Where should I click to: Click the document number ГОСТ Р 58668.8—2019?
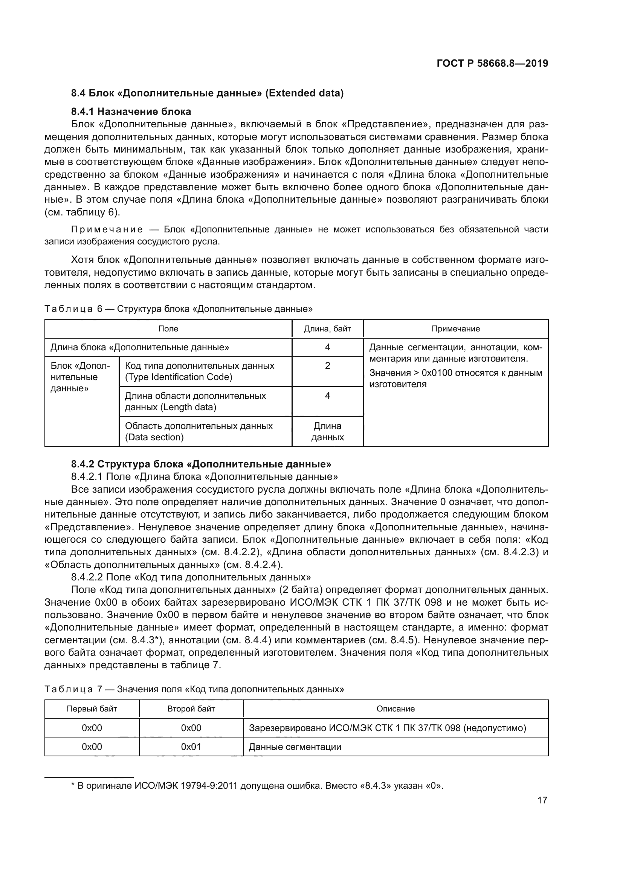492,63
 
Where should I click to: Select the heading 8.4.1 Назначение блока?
131,111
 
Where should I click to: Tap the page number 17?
542,800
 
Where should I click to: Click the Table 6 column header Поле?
168,329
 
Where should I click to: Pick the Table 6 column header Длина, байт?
327,329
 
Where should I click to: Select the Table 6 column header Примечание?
455,329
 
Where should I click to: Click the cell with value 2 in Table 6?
327,366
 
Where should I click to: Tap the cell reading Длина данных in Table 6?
327,431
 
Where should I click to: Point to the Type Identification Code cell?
200,371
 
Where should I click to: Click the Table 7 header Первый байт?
92,709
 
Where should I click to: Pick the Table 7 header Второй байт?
191,709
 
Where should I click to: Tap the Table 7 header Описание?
395,709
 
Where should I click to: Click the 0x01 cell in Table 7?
191,747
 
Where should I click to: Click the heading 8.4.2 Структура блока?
201,464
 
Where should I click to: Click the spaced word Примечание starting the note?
107,229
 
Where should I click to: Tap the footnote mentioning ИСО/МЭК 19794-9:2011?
257,786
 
